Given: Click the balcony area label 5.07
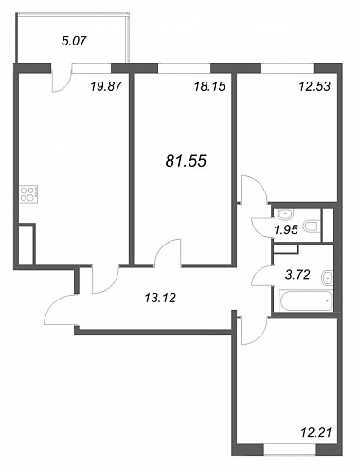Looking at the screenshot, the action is [x=74, y=41].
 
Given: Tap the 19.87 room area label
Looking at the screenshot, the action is [x=106, y=86].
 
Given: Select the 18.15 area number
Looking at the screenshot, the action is [x=209, y=86].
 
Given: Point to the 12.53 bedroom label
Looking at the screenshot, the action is [x=315, y=86].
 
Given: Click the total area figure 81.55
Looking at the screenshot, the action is [x=186, y=161].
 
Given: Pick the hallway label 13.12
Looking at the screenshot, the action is [x=160, y=298].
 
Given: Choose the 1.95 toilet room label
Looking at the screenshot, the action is [x=286, y=230].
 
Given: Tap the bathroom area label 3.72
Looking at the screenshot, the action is [x=297, y=275].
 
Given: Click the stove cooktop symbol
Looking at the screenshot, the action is [x=29, y=194].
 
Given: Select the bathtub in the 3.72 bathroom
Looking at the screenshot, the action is [x=306, y=300].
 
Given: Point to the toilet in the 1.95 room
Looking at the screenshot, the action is [x=312, y=227].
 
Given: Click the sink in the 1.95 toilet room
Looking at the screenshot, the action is [x=285, y=214].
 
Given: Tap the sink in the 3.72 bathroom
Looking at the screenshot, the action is [x=327, y=278].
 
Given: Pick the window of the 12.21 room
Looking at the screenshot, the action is [x=290, y=449].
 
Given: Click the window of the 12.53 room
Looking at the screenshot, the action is [x=287, y=68].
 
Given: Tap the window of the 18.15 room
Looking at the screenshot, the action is [x=184, y=68].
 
